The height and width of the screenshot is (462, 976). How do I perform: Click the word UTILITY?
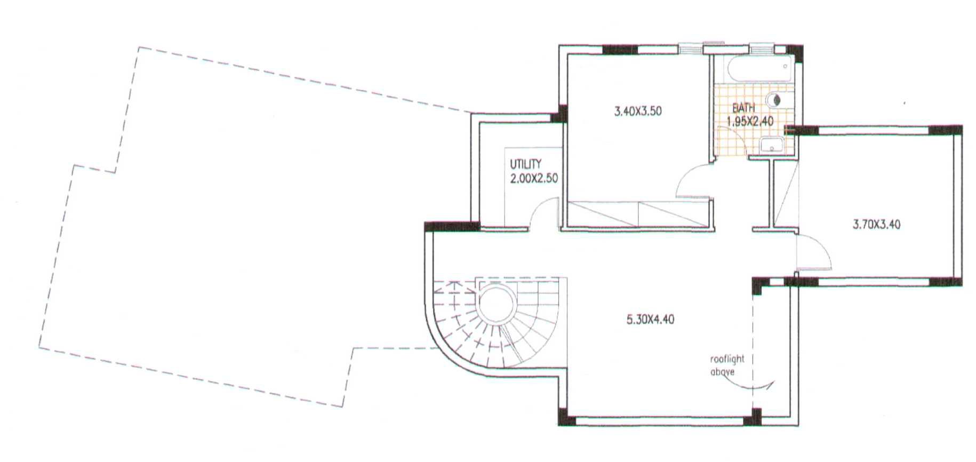(x=525, y=164)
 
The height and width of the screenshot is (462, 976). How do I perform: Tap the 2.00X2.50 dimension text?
(x=534, y=178)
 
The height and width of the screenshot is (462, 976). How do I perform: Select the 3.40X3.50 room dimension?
(x=638, y=111)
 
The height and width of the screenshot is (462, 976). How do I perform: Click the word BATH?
(x=743, y=108)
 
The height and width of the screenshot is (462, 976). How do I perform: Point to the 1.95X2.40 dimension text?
(x=750, y=121)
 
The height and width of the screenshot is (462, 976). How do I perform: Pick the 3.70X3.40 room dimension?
(x=876, y=225)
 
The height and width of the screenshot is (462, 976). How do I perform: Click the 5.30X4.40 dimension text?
(x=650, y=320)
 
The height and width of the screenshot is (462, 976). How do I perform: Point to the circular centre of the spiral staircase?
(x=497, y=302)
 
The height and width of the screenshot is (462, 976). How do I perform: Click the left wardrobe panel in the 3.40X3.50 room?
(x=602, y=214)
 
